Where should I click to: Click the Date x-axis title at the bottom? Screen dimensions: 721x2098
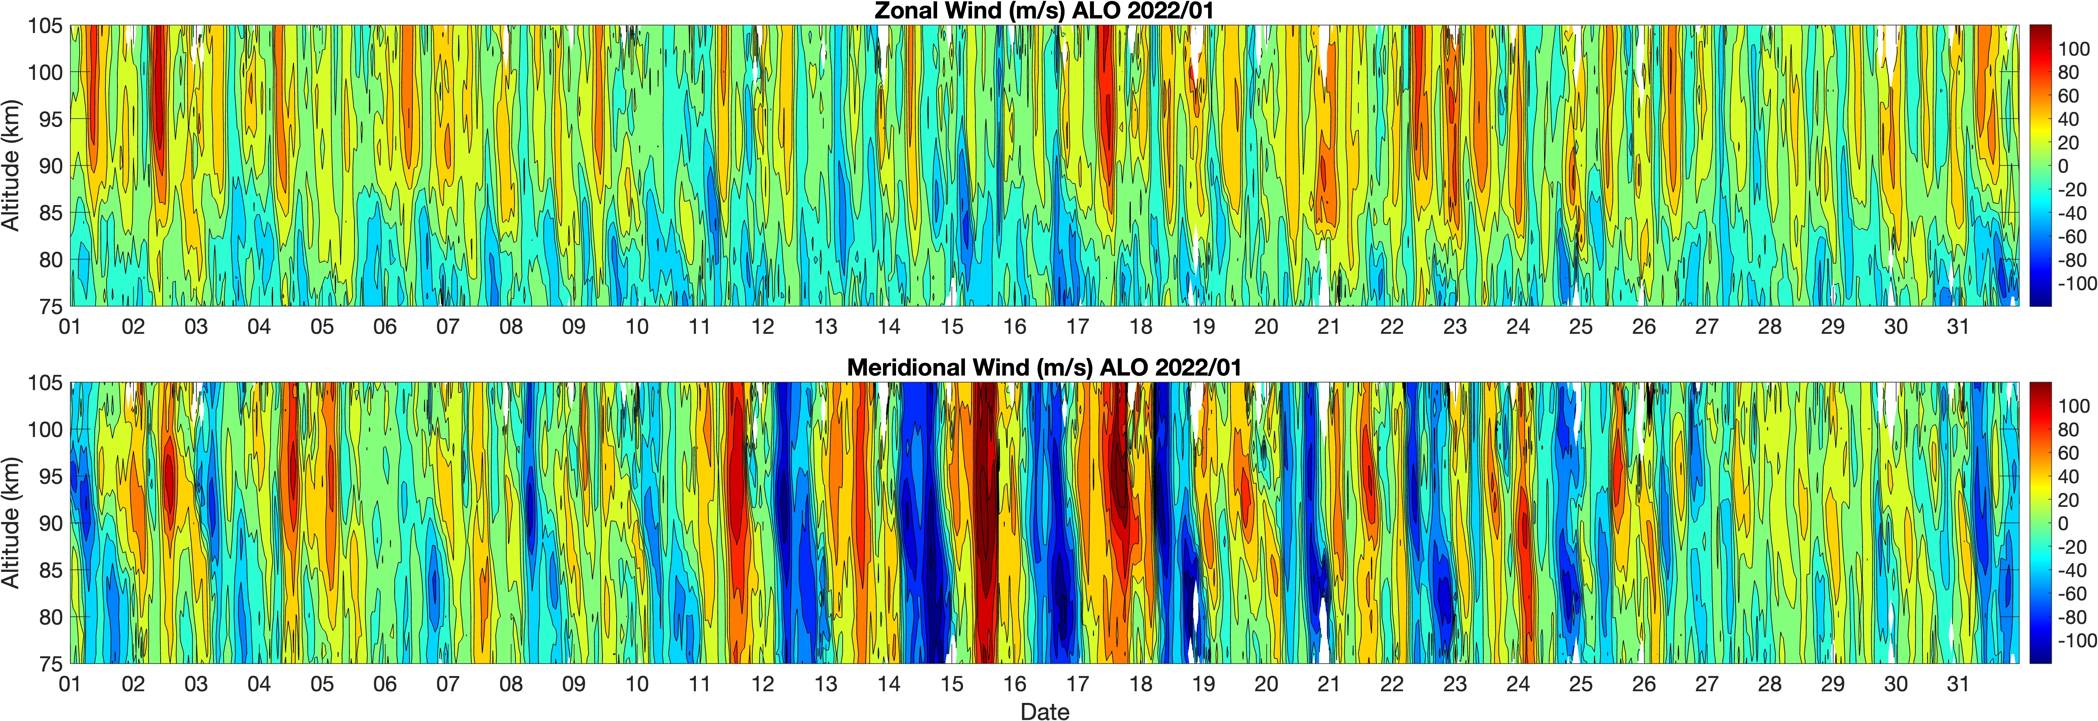[x=1044, y=711]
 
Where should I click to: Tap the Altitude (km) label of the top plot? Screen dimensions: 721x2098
[x=11, y=165]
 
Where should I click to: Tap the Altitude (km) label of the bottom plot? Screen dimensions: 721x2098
[x=11, y=523]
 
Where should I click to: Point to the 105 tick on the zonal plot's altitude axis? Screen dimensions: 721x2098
[x=45, y=26]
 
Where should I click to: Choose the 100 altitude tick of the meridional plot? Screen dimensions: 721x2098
[x=45, y=429]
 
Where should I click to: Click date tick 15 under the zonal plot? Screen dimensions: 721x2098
[x=951, y=327]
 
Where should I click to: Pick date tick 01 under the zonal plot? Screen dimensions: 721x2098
[x=70, y=327]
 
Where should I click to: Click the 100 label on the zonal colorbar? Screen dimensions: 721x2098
[x=2073, y=49]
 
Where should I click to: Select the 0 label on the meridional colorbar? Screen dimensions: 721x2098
[x=2063, y=523]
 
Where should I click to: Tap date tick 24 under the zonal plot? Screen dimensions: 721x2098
[x=1517, y=327]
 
